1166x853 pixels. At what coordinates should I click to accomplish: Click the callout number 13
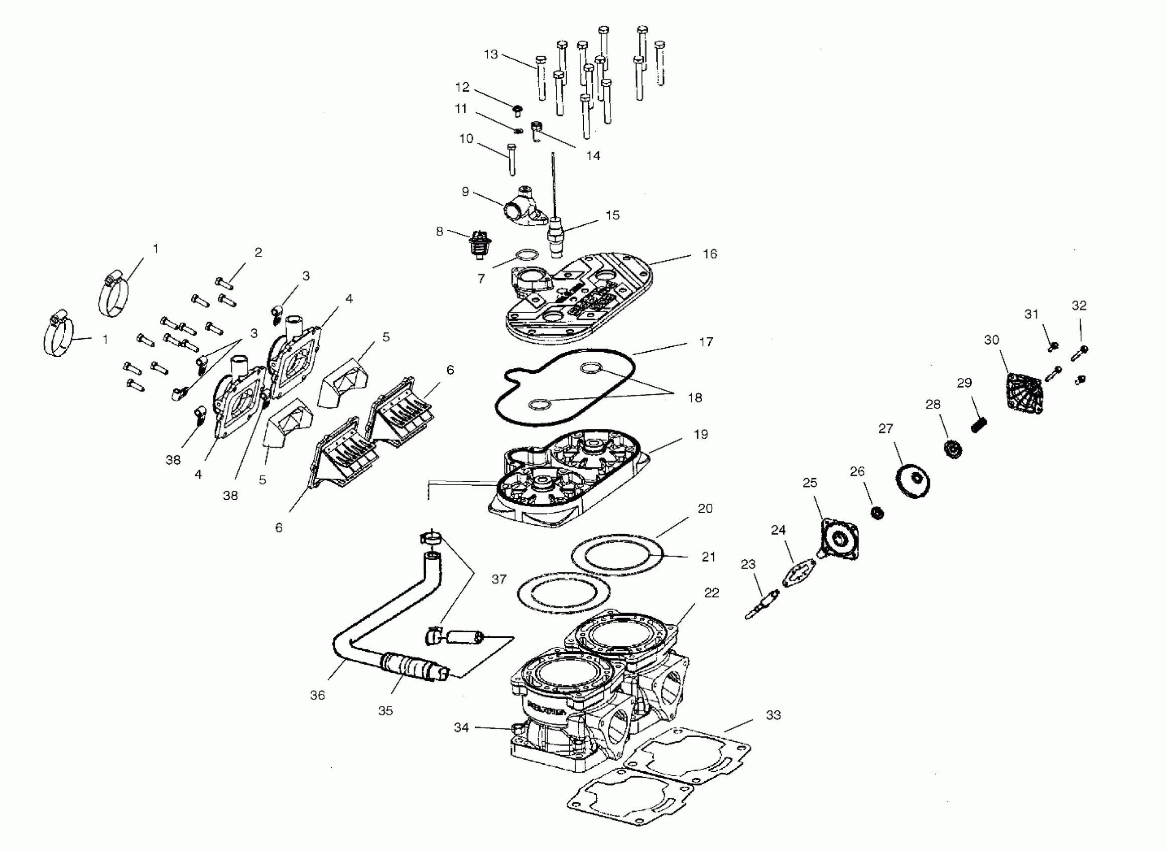click(490, 54)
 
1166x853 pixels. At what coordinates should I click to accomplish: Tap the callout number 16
click(710, 253)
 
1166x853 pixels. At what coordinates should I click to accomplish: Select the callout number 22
click(712, 593)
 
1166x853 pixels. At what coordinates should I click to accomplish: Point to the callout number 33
click(773, 715)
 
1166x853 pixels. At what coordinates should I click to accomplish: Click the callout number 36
click(318, 695)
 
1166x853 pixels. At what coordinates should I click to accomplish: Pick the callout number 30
click(991, 340)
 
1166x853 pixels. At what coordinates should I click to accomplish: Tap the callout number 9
click(465, 192)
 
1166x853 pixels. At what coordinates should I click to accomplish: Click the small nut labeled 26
click(877, 513)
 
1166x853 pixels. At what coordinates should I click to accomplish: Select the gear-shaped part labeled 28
click(953, 449)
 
